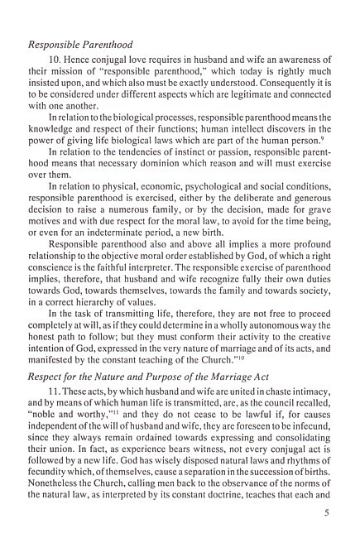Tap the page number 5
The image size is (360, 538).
329,523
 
